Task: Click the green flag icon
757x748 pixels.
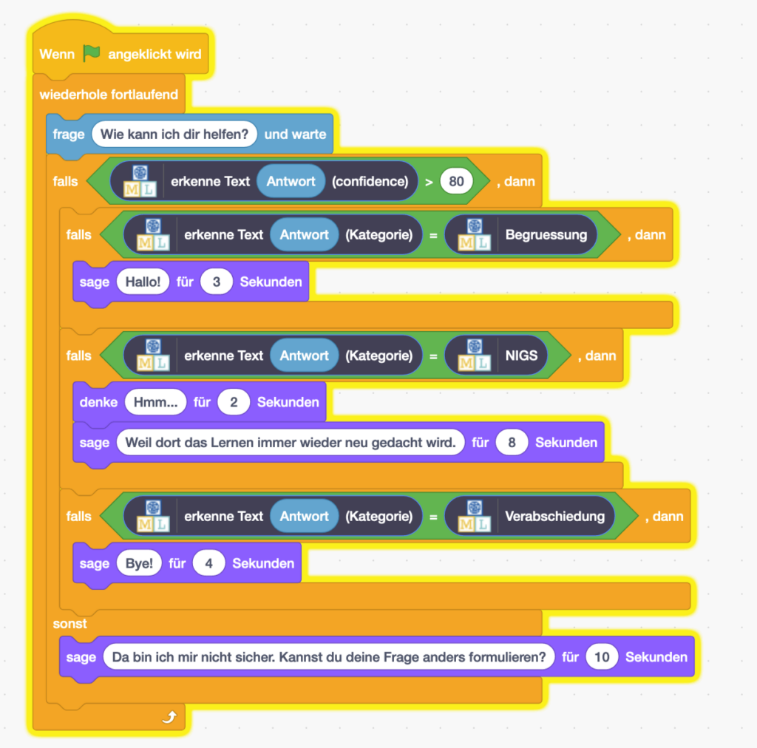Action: (x=92, y=54)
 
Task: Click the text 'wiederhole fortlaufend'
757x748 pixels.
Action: (x=109, y=94)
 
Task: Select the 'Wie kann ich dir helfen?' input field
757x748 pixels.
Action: (x=174, y=135)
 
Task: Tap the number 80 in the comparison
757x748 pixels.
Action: (x=456, y=181)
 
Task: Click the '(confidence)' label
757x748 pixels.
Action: (x=370, y=181)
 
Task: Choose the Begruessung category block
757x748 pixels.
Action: (x=520, y=234)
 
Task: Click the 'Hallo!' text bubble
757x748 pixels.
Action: (x=143, y=282)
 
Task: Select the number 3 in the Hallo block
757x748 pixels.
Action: (x=217, y=282)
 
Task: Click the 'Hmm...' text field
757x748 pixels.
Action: (x=155, y=402)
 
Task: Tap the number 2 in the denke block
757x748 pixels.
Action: (x=234, y=402)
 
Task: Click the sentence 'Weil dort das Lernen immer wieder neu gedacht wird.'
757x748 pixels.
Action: (x=291, y=443)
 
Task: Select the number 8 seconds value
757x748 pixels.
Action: (x=512, y=443)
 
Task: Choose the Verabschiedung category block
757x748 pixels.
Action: (x=529, y=516)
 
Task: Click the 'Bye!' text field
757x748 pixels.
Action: (x=138, y=563)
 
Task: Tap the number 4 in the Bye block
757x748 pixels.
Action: (x=208, y=563)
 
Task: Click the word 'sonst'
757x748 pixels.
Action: (x=69, y=624)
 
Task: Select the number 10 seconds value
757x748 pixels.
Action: (x=602, y=657)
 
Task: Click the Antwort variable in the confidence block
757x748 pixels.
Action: (x=291, y=181)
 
